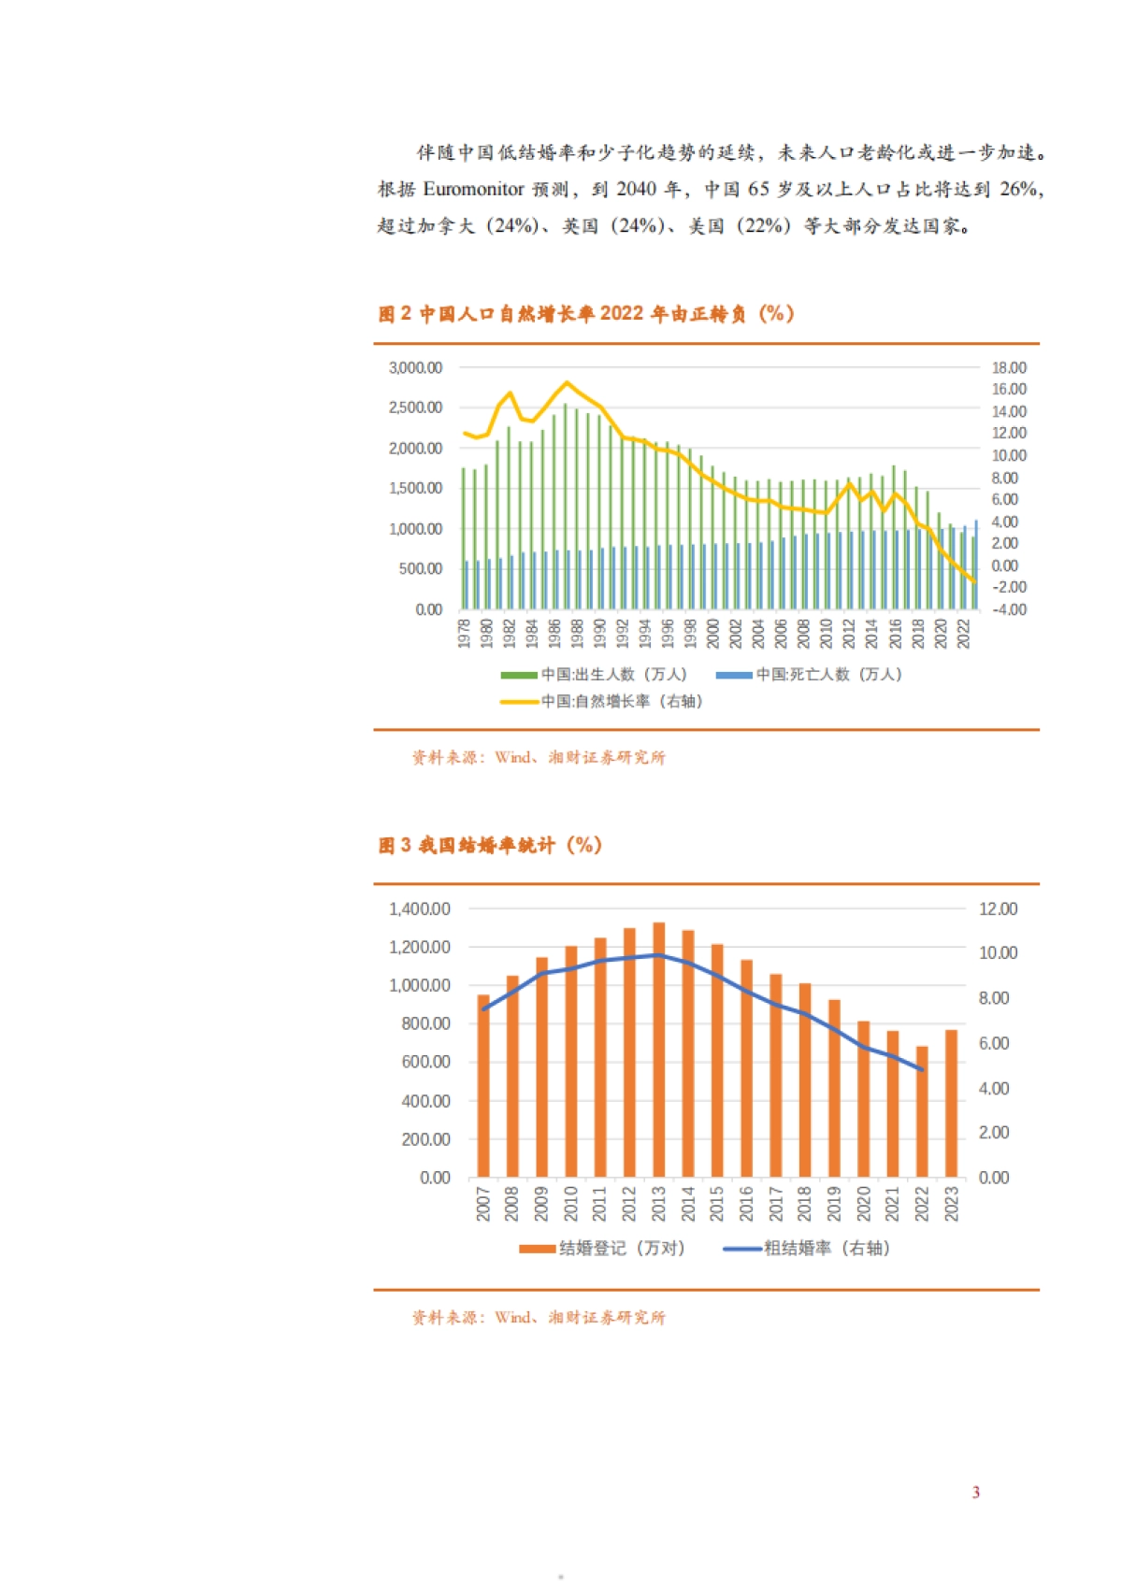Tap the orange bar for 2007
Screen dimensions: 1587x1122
[482, 1085]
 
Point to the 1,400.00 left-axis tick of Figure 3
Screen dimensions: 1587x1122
[420, 908]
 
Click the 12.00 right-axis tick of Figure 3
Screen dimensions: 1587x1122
[998, 908]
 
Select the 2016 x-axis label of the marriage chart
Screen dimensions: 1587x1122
[746, 1203]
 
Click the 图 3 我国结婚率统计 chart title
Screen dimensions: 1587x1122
[490, 845]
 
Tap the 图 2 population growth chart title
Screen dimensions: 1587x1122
[586, 314]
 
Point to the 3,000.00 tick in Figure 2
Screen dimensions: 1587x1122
[415, 368]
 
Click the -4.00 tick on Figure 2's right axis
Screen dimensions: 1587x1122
[1009, 609]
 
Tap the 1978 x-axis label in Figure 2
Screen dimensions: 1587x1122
[464, 633]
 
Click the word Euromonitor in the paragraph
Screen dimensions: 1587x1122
[473, 189]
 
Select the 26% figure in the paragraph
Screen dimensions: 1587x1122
[1019, 189]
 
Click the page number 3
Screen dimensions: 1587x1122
[975, 1492]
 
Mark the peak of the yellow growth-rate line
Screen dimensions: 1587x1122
[567, 382]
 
